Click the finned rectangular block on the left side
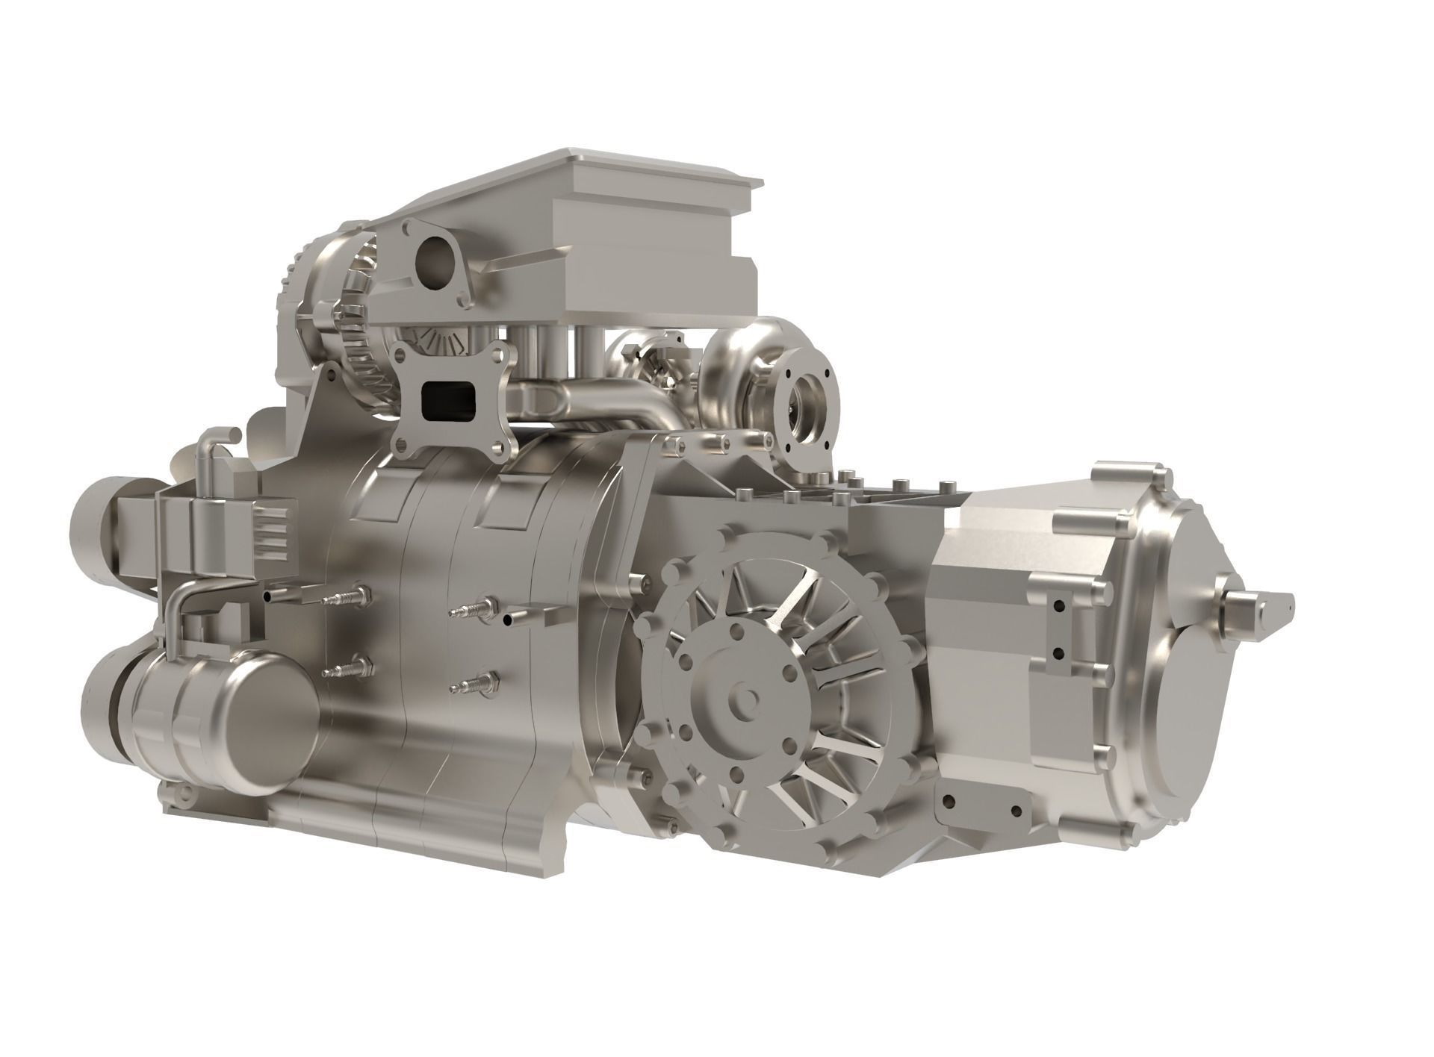click(x=261, y=534)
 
